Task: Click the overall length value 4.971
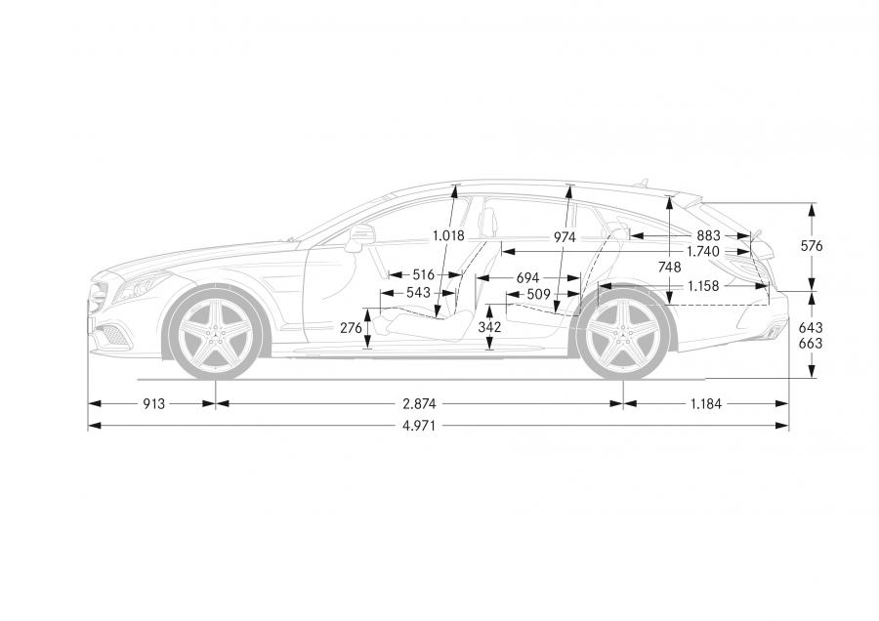click(419, 426)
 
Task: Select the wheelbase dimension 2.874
click(419, 403)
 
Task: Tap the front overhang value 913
click(153, 403)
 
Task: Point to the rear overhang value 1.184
click(705, 403)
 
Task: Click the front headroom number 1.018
click(448, 236)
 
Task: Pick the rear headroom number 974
click(565, 237)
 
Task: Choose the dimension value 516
click(423, 275)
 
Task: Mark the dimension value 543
click(418, 293)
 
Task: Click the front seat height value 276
click(351, 328)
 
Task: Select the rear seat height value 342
click(489, 327)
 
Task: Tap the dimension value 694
click(527, 278)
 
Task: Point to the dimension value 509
click(539, 294)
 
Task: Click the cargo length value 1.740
click(703, 252)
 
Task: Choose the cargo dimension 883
click(709, 236)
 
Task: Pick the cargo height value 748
click(669, 268)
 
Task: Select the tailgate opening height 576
click(812, 246)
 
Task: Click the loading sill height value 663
click(811, 343)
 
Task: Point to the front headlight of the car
click(142, 286)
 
